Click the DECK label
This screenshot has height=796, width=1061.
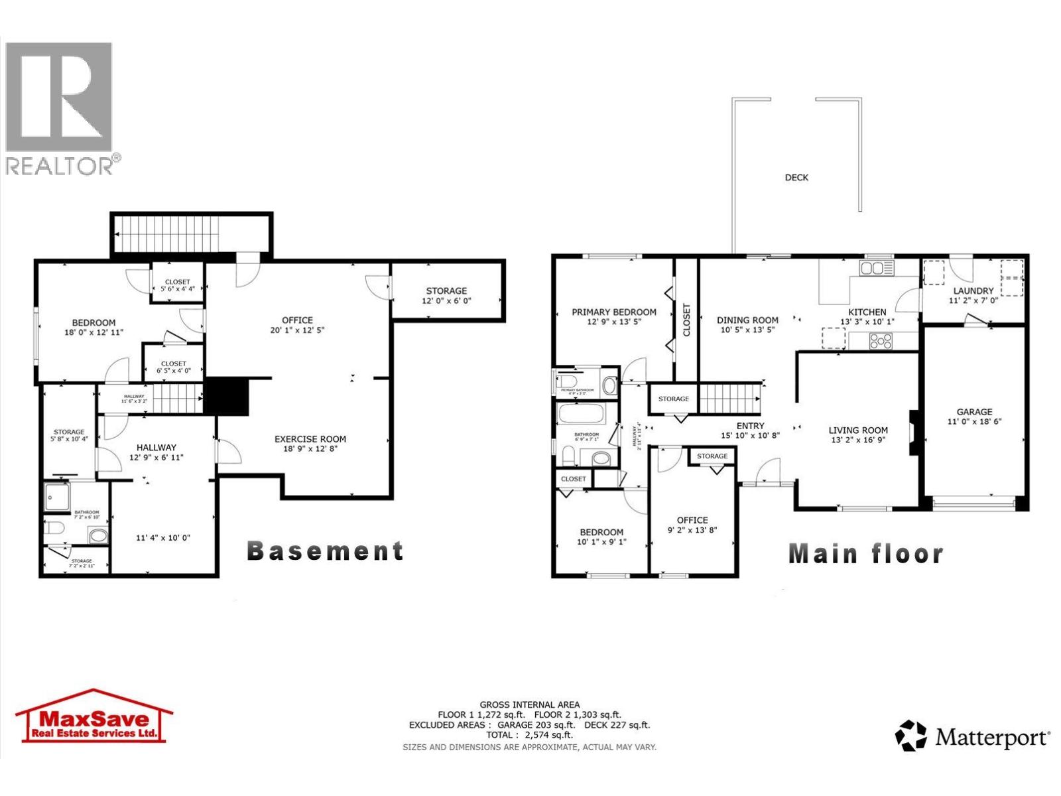tap(796, 178)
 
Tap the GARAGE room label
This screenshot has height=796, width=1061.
tap(974, 412)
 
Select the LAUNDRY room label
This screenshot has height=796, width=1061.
tap(973, 291)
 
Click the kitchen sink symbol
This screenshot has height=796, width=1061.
tap(876, 268)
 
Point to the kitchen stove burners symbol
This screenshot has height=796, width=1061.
tap(881, 341)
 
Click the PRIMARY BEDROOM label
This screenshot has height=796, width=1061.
tap(614, 312)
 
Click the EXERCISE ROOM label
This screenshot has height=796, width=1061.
tap(310, 439)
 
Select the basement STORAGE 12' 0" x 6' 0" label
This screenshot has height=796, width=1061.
tap(446, 296)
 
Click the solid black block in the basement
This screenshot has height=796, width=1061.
tap(225, 397)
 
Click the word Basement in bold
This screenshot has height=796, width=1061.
tap(325, 551)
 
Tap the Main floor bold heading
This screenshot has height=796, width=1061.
tap(865, 554)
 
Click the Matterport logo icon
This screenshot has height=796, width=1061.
tap(910, 736)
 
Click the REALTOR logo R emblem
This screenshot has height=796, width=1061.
tap(58, 97)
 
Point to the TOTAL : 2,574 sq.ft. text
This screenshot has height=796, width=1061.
tap(529, 735)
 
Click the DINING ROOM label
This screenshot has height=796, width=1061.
tap(747, 320)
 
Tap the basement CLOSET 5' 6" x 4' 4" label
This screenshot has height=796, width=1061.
tap(177, 285)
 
